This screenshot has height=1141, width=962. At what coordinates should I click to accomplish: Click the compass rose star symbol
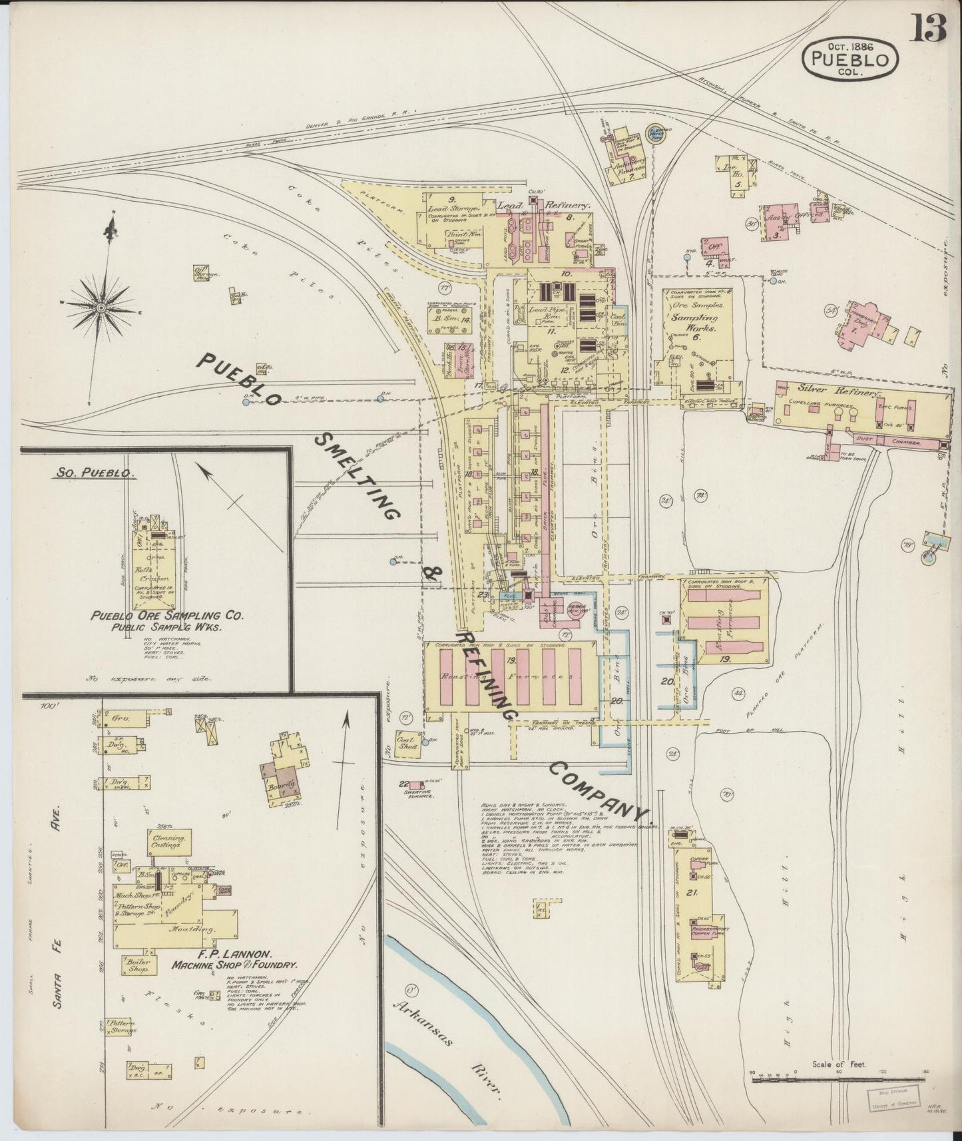click(x=101, y=308)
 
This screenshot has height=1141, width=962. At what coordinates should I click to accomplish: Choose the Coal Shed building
click(x=407, y=743)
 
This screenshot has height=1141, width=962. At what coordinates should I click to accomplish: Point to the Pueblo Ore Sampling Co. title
click(x=167, y=616)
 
